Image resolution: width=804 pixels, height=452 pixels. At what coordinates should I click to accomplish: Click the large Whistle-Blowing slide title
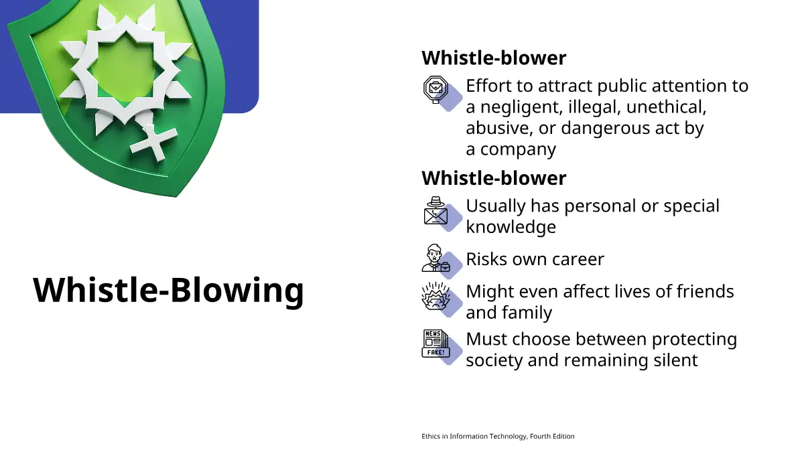(x=168, y=291)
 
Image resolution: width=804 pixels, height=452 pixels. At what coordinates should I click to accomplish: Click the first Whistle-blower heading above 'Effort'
(x=494, y=58)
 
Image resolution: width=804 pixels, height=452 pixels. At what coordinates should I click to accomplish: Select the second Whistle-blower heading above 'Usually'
(x=494, y=178)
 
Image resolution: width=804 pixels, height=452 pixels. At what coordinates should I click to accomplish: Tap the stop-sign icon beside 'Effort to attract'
(x=435, y=89)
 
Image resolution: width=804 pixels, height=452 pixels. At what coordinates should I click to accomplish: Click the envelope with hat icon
(x=435, y=210)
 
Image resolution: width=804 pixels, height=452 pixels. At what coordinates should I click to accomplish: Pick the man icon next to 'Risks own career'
(x=435, y=258)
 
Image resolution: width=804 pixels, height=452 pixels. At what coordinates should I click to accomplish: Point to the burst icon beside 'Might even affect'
(x=435, y=296)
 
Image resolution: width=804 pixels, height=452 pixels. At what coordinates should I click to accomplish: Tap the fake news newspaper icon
(x=435, y=344)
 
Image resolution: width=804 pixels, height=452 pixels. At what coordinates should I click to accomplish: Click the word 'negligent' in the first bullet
(x=521, y=107)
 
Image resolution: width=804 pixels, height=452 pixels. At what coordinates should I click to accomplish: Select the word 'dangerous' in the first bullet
(x=606, y=128)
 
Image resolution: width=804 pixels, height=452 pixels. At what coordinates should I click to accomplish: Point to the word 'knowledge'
(x=511, y=227)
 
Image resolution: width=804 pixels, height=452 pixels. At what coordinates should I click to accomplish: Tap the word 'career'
(x=578, y=260)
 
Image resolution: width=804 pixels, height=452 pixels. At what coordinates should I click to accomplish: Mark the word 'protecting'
(x=695, y=340)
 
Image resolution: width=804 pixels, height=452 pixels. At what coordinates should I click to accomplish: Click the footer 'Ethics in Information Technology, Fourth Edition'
(x=498, y=436)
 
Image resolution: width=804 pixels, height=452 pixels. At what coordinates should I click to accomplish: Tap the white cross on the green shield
(x=153, y=143)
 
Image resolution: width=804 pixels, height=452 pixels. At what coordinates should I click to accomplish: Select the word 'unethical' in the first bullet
(x=666, y=107)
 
